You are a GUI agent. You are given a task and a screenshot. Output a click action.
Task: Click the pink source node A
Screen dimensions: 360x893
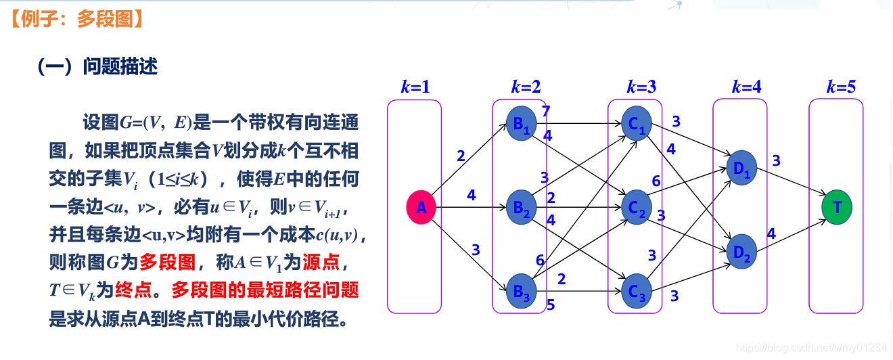[x=421, y=208]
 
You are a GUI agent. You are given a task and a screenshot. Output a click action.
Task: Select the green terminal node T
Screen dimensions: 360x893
[x=837, y=207]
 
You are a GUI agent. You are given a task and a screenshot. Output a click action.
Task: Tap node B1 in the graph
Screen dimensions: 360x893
[x=521, y=123]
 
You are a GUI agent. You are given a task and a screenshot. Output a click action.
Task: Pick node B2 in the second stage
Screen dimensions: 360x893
[x=521, y=207]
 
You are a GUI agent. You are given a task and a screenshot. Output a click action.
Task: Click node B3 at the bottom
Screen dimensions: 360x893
[x=521, y=291]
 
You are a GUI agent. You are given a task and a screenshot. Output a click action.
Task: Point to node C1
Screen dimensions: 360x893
[x=637, y=124]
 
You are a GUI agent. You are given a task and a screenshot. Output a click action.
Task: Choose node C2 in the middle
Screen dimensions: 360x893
[x=637, y=207]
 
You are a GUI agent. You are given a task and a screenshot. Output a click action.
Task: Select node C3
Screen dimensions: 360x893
[x=637, y=291]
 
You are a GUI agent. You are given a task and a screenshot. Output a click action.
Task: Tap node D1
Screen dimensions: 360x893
[x=741, y=166]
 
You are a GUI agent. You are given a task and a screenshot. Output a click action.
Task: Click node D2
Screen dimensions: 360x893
[x=741, y=250]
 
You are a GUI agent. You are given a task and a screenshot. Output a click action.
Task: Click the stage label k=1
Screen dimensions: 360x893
[x=415, y=87]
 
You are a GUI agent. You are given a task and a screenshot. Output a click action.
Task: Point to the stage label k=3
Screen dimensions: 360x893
[x=641, y=87]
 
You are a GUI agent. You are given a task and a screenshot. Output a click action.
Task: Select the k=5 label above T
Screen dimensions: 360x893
[x=841, y=87]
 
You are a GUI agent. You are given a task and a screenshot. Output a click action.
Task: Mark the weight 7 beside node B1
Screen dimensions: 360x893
[x=546, y=111]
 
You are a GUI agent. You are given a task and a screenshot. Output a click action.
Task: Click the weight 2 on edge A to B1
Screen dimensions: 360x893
[x=461, y=156]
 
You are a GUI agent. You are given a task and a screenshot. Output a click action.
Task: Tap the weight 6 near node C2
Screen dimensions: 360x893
[x=656, y=181]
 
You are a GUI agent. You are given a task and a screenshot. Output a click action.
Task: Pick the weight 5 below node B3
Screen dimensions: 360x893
[x=551, y=305]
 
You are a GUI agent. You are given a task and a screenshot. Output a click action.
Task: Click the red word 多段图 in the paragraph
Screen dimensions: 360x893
[x=168, y=261]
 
